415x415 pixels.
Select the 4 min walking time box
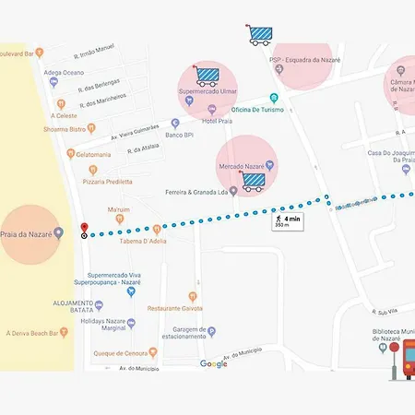[287, 221]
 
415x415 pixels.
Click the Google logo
[214, 364]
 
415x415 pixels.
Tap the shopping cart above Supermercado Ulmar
[206, 76]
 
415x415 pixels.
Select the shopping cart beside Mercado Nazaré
[252, 182]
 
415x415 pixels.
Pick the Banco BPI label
[179, 136]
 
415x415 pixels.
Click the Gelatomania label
[93, 154]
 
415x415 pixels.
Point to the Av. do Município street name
[112, 369]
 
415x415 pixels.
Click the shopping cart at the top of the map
[260, 35]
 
